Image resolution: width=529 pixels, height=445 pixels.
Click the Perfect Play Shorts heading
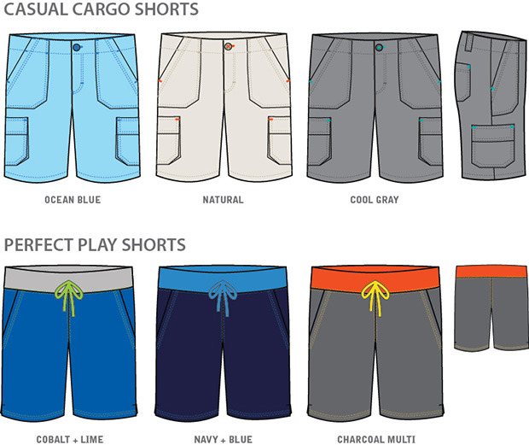(x=95, y=245)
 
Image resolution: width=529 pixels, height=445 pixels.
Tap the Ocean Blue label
(x=73, y=201)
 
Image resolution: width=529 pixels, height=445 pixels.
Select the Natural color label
(x=223, y=201)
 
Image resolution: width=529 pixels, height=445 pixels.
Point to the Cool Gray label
(x=374, y=201)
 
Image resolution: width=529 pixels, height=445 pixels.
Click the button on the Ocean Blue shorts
(x=77, y=47)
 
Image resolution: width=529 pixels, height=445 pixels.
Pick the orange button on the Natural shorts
(x=228, y=47)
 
